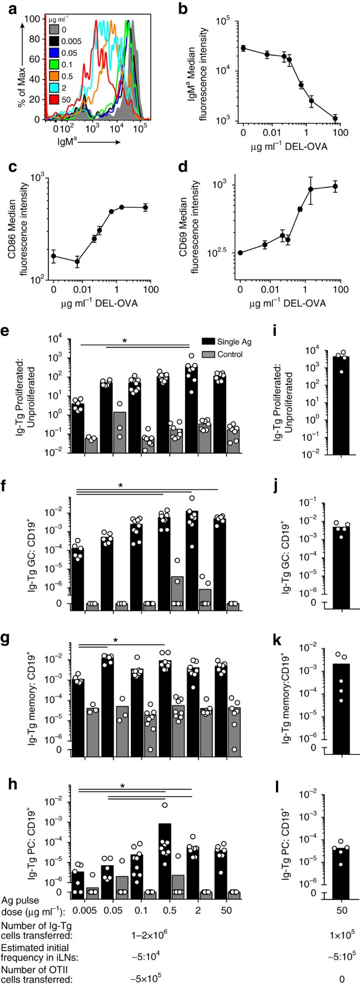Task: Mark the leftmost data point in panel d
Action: (240, 253)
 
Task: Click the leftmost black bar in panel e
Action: (78, 429)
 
